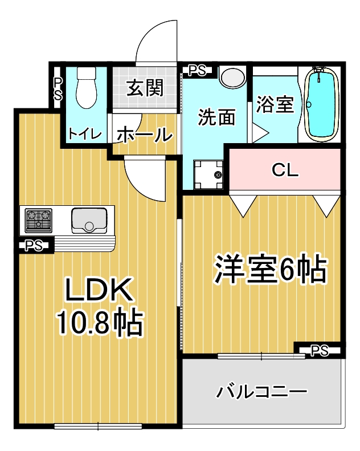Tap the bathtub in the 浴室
[x=322, y=103]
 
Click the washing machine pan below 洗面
[x=208, y=173]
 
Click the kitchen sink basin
[x=89, y=220]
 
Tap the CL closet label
[x=285, y=170]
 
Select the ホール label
[x=144, y=135]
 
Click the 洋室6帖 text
[x=270, y=269]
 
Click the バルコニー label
[x=262, y=392]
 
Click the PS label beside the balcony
[x=320, y=350]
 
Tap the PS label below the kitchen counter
[x=32, y=246]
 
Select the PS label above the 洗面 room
[x=197, y=70]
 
